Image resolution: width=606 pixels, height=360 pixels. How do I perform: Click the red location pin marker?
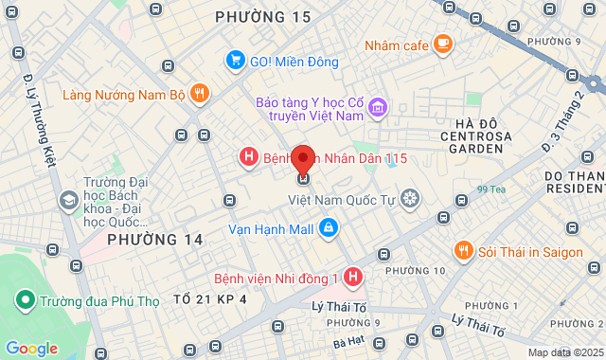[303, 159]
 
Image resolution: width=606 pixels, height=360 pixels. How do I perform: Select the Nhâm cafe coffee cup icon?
[442, 44]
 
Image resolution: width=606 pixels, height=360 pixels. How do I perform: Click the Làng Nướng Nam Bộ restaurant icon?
[199, 94]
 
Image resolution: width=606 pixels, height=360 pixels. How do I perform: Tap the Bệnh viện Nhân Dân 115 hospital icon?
[248, 157]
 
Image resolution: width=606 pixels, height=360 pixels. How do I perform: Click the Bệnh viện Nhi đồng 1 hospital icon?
[353, 278]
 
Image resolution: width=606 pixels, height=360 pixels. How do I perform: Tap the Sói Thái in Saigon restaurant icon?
[464, 251]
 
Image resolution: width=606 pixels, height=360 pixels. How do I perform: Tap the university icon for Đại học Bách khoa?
[68, 200]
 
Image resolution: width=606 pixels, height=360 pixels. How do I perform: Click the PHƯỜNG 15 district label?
[262, 17]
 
